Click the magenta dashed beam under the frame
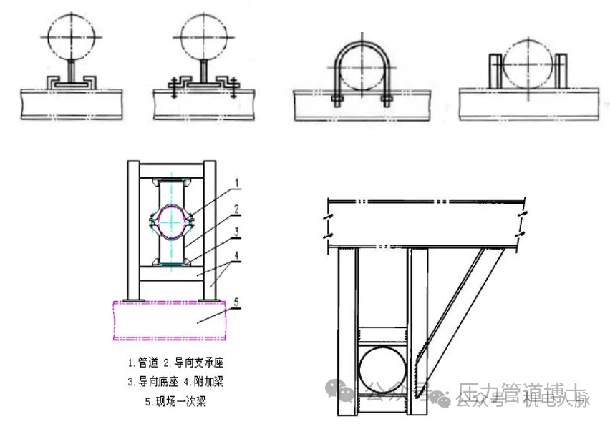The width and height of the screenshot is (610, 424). point(172,318)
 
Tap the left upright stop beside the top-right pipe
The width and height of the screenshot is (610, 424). point(495,69)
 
